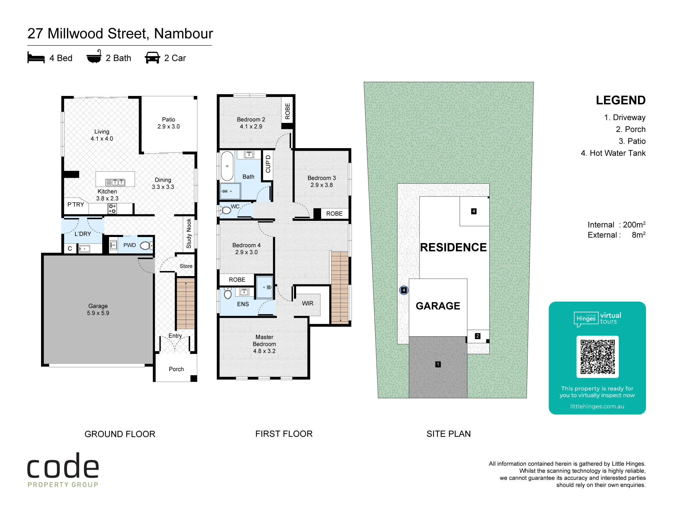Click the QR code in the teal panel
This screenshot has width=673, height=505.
597,357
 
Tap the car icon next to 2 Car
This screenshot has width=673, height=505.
152,58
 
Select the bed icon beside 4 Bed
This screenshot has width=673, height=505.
36,58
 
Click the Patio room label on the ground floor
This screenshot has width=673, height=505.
169,123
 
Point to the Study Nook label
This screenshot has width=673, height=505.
189,233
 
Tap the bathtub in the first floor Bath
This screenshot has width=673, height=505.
227,166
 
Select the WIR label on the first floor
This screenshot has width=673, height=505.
308,303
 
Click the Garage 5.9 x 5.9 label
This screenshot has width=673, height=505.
98,309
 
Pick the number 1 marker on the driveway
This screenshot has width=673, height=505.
438,364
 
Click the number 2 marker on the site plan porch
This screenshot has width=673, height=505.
477,336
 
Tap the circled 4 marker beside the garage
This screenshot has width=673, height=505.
404,290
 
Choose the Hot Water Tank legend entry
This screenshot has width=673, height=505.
613,153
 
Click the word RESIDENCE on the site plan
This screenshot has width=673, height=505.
453,247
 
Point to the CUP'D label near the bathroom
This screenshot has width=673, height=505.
268,164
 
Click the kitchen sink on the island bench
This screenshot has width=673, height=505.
115,182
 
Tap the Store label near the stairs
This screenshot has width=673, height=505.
186,266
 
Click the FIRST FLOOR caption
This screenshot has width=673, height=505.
284,434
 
